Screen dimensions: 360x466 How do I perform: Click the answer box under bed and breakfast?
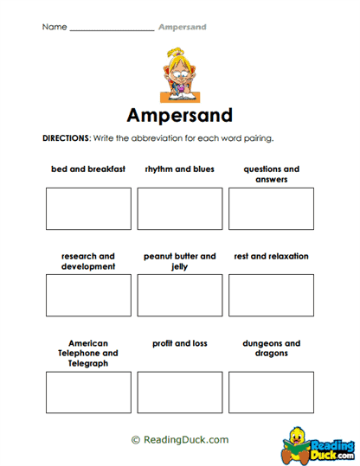pos(87,208)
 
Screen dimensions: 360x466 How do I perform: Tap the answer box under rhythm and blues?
pos(179,208)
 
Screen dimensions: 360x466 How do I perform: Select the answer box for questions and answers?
pos(271,208)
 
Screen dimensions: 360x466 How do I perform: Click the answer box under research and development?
pos(87,295)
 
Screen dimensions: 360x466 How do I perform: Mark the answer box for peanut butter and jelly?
pos(179,295)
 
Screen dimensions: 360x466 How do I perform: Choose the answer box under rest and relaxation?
pos(271,295)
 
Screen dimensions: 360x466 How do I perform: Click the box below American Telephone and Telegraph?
pos(87,392)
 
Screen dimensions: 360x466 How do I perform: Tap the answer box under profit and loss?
pos(179,392)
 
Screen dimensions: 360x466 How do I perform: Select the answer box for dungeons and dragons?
pos(271,392)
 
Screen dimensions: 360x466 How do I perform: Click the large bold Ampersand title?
pos(179,116)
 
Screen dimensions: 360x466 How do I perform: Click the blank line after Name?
pos(112,29)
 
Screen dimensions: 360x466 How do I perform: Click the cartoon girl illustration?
pos(179,73)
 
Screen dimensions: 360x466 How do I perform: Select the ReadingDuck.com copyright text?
pos(179,439)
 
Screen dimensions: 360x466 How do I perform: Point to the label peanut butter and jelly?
pos(179,261)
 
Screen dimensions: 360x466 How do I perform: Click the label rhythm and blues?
pos(179,169)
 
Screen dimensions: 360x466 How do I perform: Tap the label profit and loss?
pos(179,343)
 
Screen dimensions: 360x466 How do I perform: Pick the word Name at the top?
pos(54,27)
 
